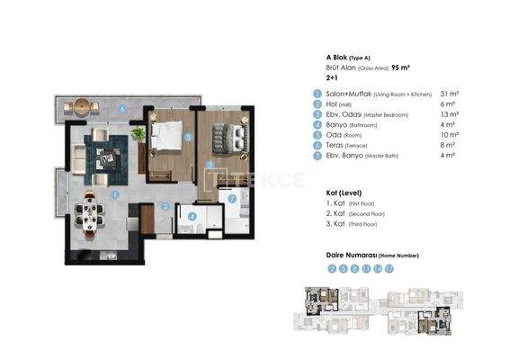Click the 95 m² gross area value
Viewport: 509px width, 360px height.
401,67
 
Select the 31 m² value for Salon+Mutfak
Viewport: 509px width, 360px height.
447,94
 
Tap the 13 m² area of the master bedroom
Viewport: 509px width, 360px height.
447,115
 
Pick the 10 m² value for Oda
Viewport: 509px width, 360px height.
447,136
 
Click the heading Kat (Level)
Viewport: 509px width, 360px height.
344,193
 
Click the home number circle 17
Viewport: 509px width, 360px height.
388,268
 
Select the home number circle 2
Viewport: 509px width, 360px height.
332,268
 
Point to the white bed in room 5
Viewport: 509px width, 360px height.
165,137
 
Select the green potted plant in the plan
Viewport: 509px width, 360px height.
138,133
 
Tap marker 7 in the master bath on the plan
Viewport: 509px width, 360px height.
231,199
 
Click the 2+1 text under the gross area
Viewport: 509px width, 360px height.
332,78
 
